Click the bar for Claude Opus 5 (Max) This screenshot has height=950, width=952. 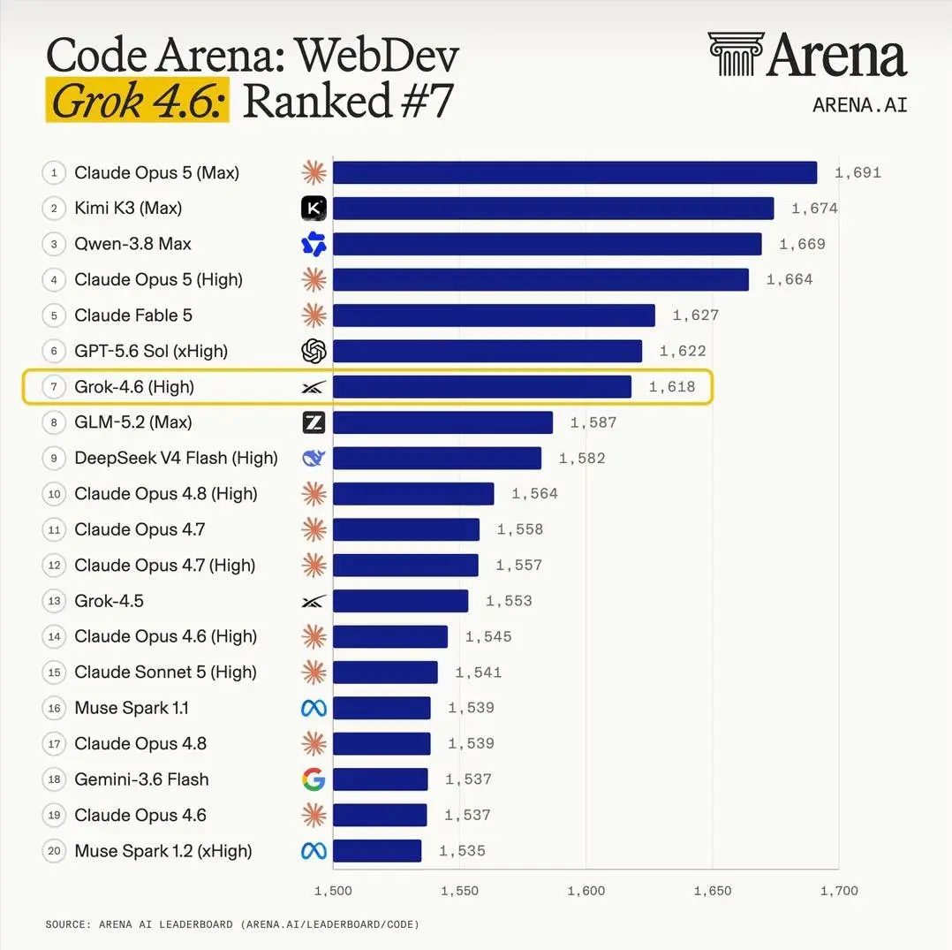[x=575, y=172]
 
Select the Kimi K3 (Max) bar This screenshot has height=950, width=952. [x=554, y=209]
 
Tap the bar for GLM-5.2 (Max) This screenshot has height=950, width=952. [x=443, y=422]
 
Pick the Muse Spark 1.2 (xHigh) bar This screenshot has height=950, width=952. [x=377, y=851]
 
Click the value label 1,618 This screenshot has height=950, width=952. [x=672, y=387]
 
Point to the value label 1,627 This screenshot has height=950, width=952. [x=696, y=315]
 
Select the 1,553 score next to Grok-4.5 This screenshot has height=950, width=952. [x=509, y=601]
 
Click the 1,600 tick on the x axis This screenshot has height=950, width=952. [x=586, y=891]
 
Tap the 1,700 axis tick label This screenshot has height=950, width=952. [x=839, y=891]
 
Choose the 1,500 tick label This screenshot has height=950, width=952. [x=333, y=891]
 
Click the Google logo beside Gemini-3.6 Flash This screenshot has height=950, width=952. [x=314, y=779]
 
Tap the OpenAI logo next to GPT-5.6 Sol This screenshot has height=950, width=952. [x=314, y=351]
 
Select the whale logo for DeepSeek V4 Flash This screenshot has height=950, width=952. [x=314, y=458]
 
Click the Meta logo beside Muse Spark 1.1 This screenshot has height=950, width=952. [x=314, y=708]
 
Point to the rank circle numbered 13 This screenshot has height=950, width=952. [x=54, y=601]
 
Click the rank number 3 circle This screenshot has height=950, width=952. [x=54, y=244]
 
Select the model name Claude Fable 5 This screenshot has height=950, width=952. [x=133, y=315]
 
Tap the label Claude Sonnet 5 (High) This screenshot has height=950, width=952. [x=165, y=673]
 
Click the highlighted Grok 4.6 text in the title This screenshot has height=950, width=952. [x=138, y=100]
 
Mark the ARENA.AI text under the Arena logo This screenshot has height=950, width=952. [x=860, y=105]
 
